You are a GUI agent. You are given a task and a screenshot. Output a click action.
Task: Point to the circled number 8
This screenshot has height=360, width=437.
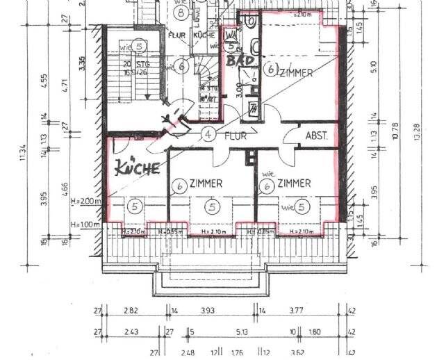click(x=182, y=13)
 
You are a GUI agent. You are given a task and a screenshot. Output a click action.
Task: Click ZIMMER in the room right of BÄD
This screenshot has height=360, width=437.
click(x=297, y=72)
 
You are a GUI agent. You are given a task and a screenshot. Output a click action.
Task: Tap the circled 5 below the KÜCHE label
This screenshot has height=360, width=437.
click(x=135, y=206)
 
